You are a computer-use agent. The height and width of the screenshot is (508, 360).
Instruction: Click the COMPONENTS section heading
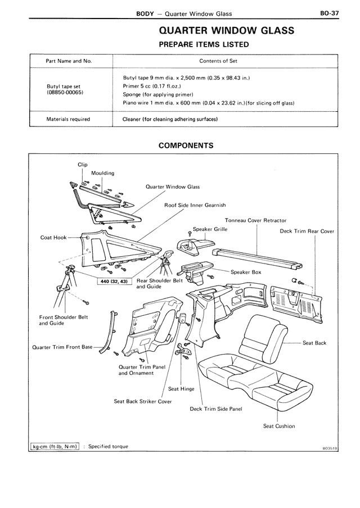(x=186, y=145)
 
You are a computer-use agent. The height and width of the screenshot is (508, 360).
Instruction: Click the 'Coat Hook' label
(x=53, y=238)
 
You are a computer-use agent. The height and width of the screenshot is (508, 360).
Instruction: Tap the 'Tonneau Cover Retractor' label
(x=256, y=220)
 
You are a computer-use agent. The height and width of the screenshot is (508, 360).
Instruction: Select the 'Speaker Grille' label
(x=210, y=229)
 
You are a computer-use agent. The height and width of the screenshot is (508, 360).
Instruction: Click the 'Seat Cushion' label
(x=279, y=426)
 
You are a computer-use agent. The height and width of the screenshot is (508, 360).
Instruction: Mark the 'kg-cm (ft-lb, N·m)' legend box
(x=54, y=446)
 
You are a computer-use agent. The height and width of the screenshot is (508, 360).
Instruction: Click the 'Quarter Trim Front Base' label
(x=62, y=347)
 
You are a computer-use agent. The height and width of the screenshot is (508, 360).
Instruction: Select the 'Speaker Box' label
(x=246, y=272)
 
